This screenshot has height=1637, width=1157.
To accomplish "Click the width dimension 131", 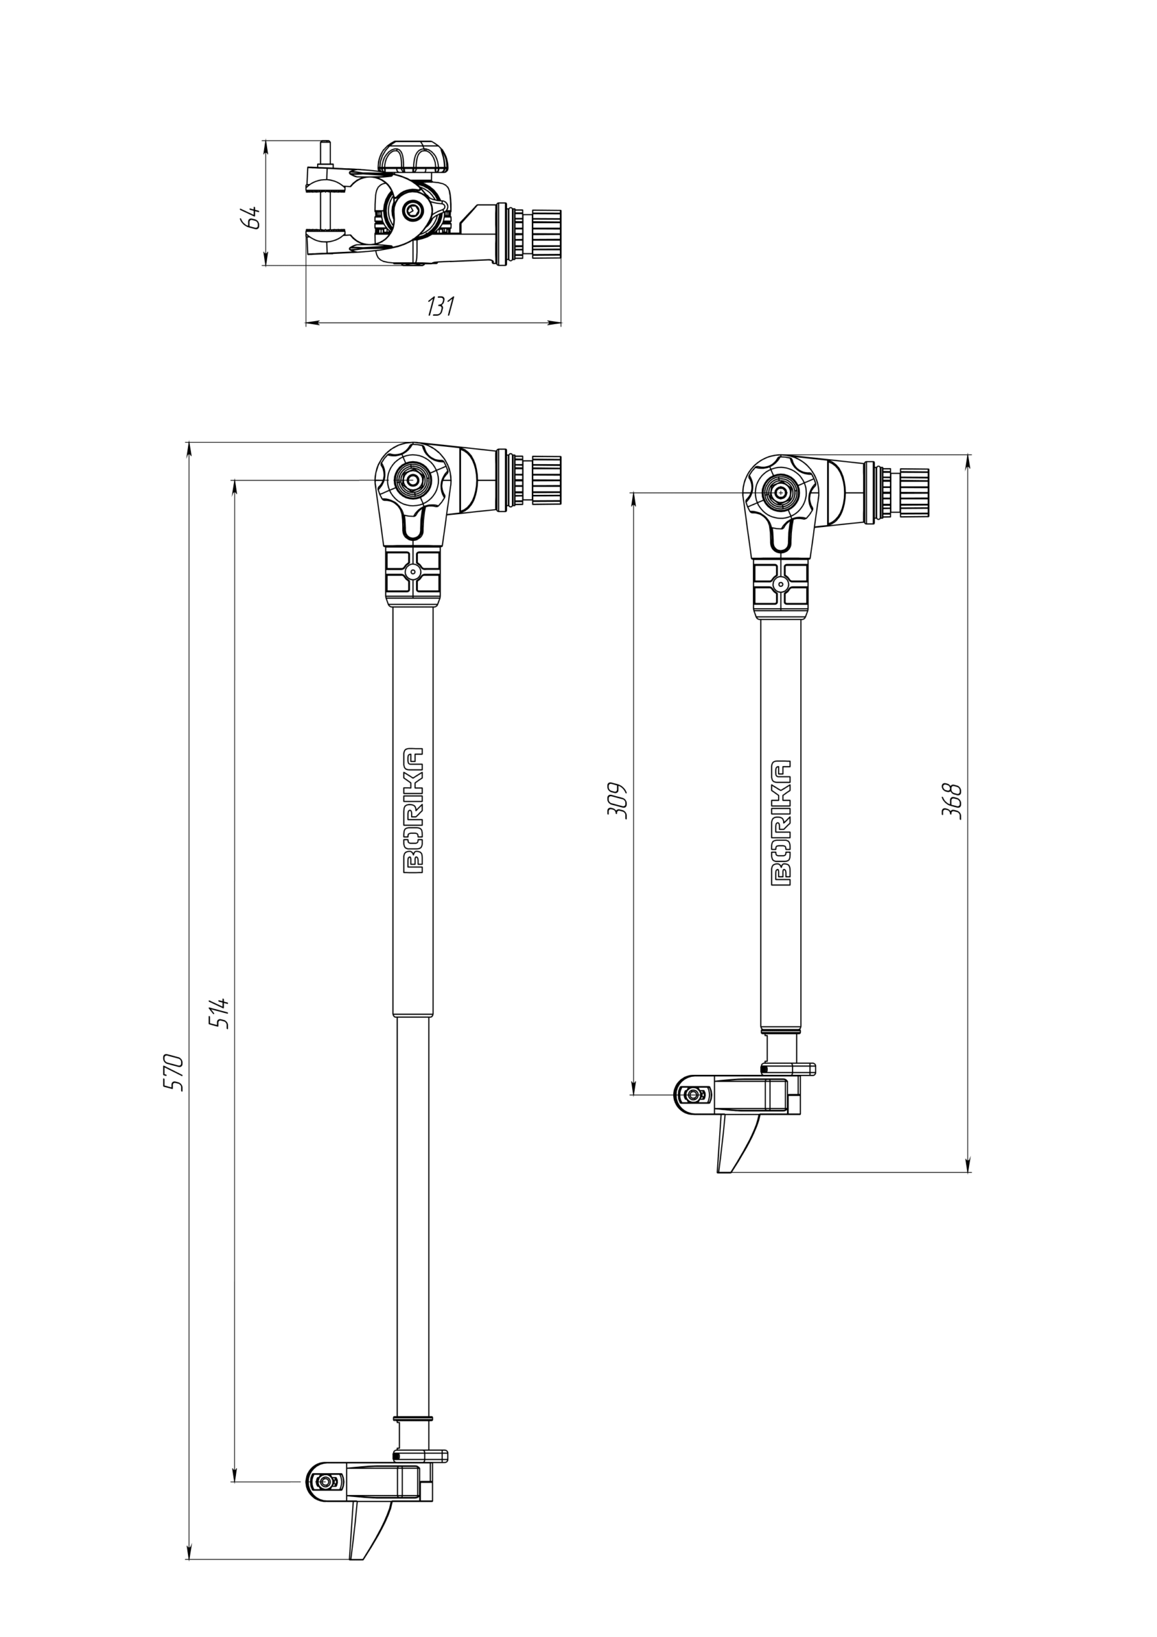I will [440, 306].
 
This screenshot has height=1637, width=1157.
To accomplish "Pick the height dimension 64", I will [251, 217].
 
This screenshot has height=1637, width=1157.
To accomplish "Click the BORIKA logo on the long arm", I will [414, 811].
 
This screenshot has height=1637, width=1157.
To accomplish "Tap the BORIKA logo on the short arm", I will [781, 822].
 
